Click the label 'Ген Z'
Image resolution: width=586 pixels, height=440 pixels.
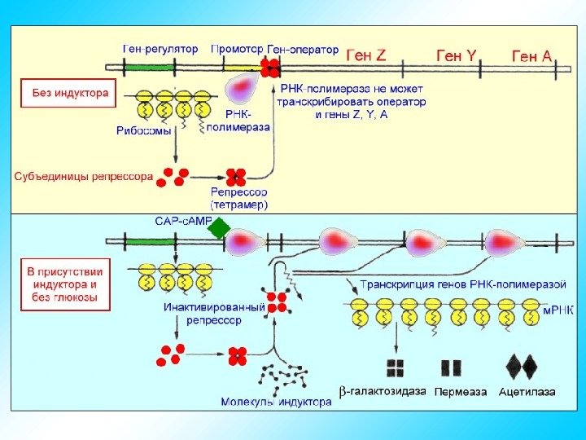pyautogui.click(x=366, y=55)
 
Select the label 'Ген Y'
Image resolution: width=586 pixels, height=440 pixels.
pyautogui.click(x=457, y=55)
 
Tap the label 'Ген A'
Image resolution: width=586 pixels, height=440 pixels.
pyautogui.click(x=531, y=55)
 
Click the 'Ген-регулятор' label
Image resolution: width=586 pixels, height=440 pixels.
pyautogui.click(x=160, y=49)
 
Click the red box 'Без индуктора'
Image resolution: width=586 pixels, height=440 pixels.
pyautogui.click(x=70, y=93)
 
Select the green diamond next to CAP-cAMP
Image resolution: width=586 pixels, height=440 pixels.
pyautogui.click(x=219, y=229)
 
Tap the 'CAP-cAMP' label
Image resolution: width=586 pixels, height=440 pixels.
pyautogui.click(x=182, y=221)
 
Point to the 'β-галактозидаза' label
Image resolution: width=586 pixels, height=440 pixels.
pyautogui.click(x=382, y=391)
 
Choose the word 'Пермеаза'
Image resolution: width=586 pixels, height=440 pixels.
pyautogui.click(x=461, y=392)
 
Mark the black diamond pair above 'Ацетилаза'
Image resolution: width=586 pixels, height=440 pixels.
pyautogui.click(x=522, y=367)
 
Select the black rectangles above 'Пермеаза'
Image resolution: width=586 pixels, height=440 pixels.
pyautogui.click(x=451, y=368)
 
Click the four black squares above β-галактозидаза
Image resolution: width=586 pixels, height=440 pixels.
pyautogui.click(x=396, y=368)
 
